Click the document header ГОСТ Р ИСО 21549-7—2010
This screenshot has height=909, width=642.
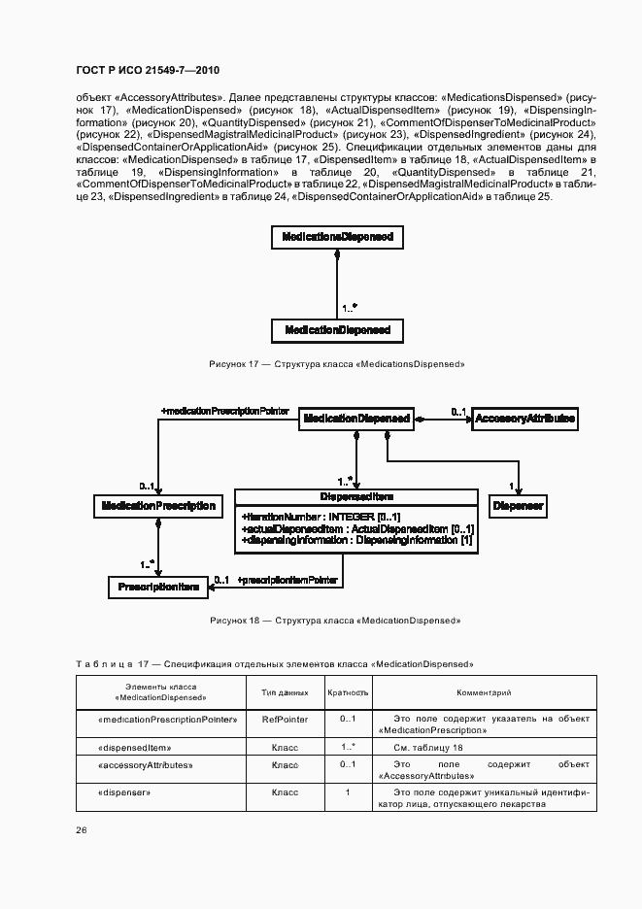[140, 69]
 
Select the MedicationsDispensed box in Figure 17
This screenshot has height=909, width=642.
[336, 237]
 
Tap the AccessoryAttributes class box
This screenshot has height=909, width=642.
[524, 419]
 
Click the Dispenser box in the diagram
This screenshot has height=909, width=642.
[518, 506]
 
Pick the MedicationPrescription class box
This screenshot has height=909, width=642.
[158, 506]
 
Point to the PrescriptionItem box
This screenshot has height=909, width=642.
[158, 587]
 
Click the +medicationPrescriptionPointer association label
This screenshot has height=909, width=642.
[225, 411]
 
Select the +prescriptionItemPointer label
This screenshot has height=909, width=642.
[287, 580]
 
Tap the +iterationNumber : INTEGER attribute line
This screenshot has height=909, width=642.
[321, 516]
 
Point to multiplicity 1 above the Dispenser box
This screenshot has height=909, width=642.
[511, 486]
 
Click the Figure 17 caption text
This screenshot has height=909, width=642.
[337, 363]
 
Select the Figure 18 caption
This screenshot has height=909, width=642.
[335, 620]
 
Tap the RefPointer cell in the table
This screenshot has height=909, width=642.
[285, 720]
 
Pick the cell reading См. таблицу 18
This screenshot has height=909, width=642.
[428, 747]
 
